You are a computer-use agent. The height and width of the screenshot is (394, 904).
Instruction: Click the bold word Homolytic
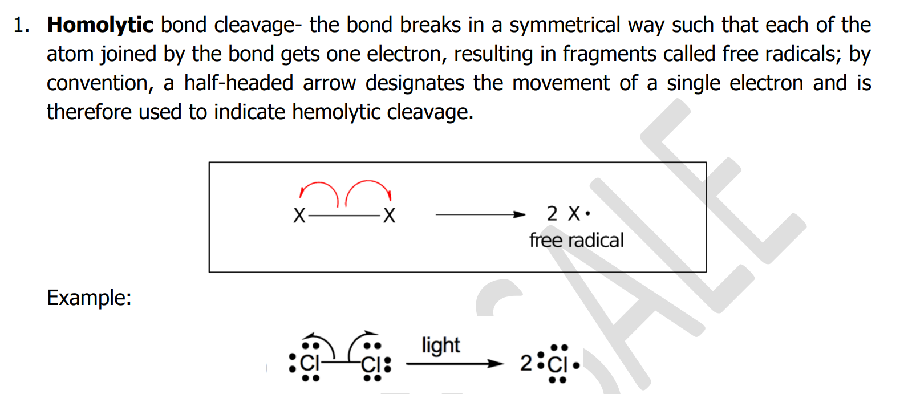click(100, 25)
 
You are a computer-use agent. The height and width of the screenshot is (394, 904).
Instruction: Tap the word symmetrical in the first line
click(564, 25)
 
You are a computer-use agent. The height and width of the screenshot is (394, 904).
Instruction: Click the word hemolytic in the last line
click(336, 112)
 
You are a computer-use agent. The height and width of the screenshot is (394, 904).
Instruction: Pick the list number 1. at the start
click(22, 25)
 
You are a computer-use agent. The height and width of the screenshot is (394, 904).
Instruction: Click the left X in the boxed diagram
click(299, 216)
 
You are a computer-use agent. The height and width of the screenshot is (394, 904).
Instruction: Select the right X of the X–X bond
click(389, 216)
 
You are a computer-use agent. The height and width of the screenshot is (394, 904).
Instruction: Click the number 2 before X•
click(552, 214)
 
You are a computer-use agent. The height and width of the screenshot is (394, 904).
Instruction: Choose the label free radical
click(576, 241)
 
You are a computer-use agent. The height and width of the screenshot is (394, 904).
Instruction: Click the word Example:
click(89, 298)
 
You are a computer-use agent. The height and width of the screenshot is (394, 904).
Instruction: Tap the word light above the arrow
click(440, 346)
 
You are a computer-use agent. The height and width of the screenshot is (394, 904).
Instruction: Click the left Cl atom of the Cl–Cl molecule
click(310, 363)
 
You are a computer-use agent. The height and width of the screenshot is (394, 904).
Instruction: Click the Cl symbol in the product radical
click(557, 364)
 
